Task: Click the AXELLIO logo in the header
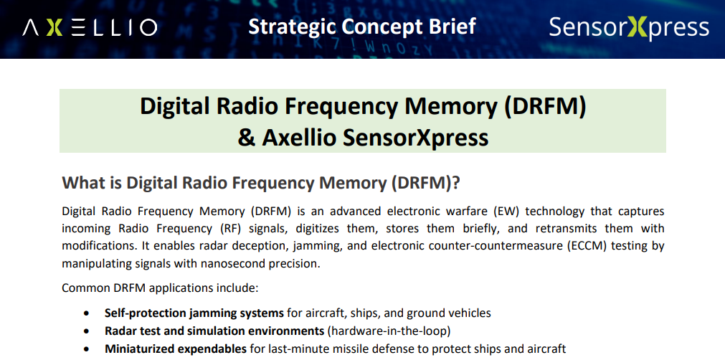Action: click(90, 28)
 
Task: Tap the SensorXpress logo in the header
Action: click(629, 28)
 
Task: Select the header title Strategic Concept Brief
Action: click(362, 27)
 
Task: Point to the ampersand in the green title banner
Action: click(247, 138)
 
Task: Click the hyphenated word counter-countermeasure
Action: click(496, 246)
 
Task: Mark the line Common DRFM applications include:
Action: click(159, 288)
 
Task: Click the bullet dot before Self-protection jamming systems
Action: click(87, 313)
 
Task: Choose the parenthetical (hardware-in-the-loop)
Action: click(389, 331)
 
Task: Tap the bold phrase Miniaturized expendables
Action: click(175, 349)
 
